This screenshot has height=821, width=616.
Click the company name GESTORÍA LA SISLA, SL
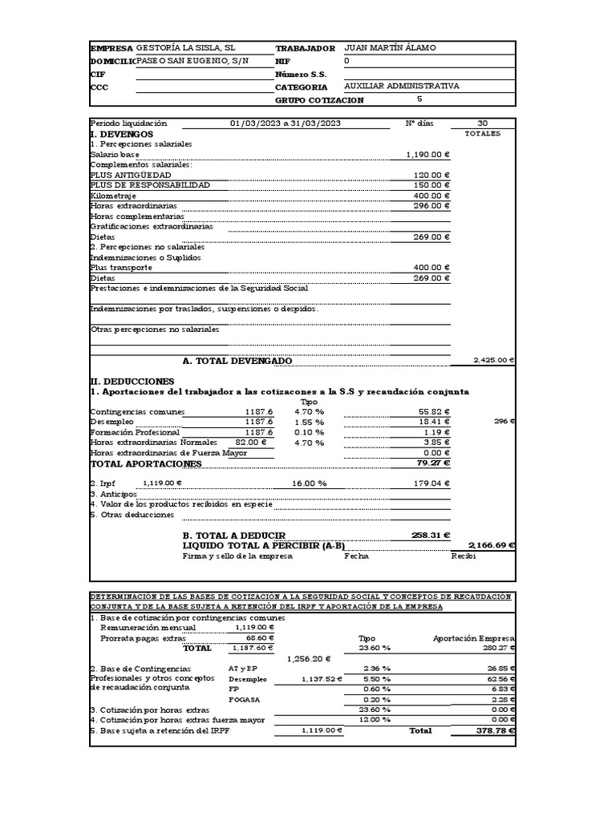185,48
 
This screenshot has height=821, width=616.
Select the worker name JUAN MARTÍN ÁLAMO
390,48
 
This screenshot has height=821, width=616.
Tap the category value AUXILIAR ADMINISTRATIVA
401,87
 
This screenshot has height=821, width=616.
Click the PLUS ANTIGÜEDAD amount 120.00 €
432,175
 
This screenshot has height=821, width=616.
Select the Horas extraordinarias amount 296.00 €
432,206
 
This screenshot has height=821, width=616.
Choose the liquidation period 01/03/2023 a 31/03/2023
286,123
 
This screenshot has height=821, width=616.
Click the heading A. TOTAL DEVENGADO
237,362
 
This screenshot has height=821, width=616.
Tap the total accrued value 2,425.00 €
493,362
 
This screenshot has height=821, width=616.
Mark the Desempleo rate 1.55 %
309,423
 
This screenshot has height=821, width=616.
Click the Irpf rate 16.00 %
310,484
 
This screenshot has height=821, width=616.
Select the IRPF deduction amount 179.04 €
432,484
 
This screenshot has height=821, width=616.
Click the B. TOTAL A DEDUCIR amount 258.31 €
430,536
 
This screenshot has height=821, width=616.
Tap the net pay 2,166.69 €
491,546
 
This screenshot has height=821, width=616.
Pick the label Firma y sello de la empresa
237,556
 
